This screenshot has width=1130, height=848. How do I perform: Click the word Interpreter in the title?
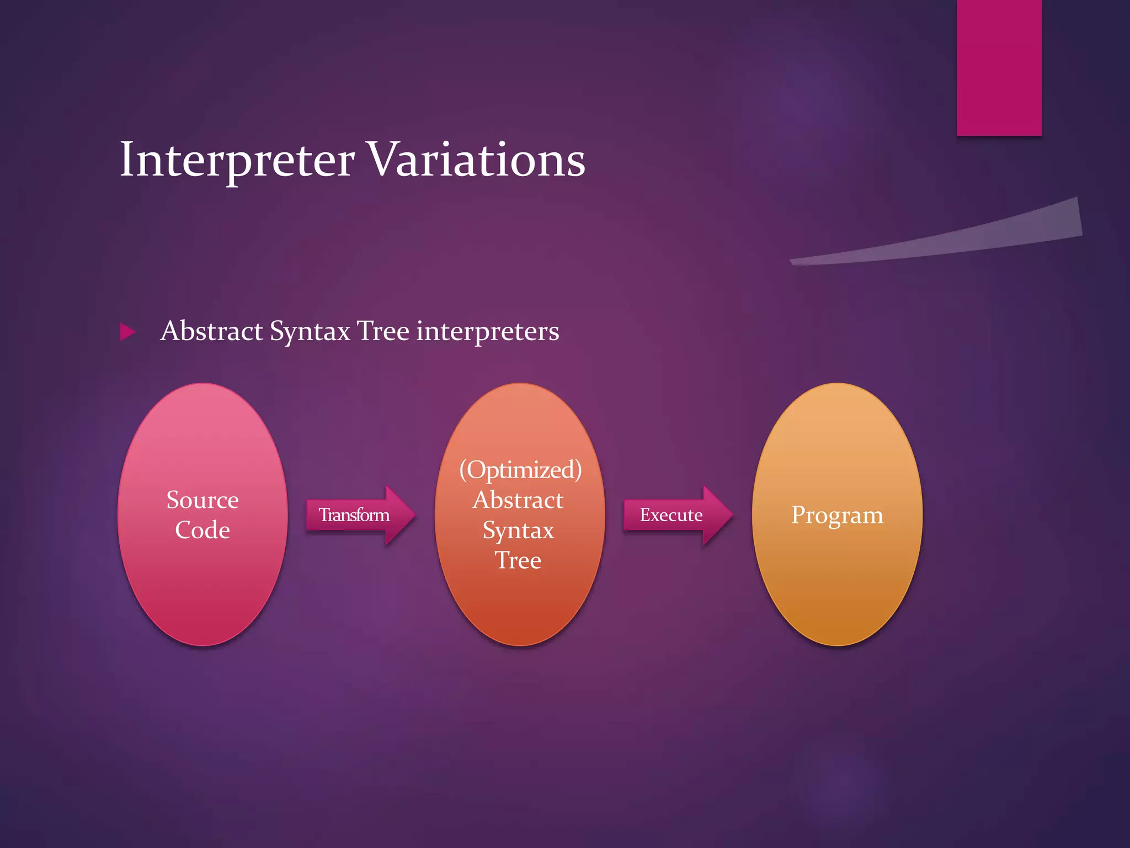[x=237, y=160]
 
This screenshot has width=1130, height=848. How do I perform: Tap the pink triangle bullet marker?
[x=127, y=332]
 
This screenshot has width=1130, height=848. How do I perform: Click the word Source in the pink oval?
[x=202, y=500]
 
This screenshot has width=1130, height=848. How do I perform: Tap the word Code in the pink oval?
[x=202, y=530]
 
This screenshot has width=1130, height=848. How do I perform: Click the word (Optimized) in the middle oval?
[x=520, y=470]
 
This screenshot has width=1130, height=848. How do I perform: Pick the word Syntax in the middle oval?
[x=518, y=531]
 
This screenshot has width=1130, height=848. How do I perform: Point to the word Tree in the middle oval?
[x=518, y=560]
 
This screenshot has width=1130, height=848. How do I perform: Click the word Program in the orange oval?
[x=837, y=515]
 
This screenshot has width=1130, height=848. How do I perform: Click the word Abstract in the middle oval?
[x=518, y=500]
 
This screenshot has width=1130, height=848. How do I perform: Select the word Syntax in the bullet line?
[x=310, y=332]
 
